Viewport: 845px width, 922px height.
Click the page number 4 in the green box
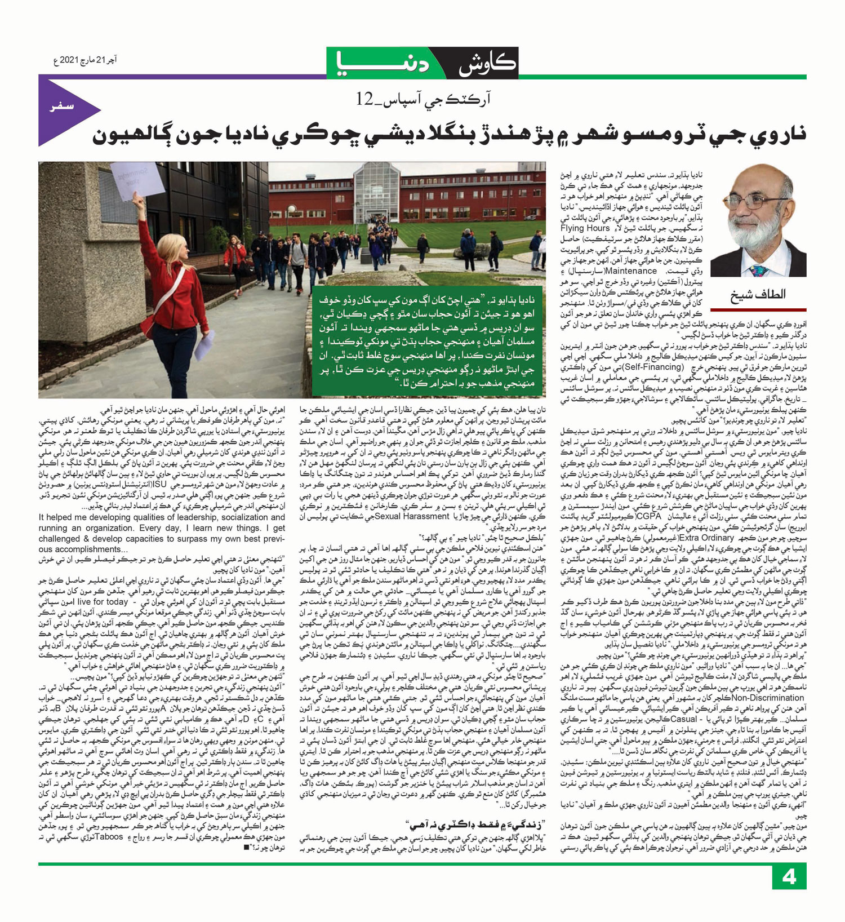(x=789, y=877)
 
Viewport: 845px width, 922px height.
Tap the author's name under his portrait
(x=758, y=294)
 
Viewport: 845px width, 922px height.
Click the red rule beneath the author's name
(x=758, y=309)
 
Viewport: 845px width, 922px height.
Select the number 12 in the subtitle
(x=364, y=100)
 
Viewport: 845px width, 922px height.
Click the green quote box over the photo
(x=428, y=342)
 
